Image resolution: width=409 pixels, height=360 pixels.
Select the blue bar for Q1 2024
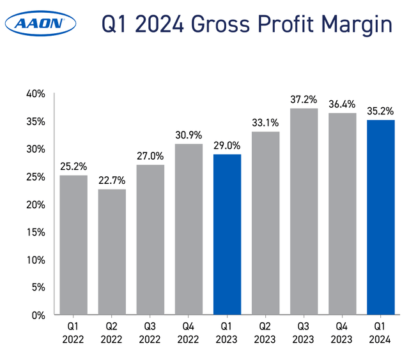pos(381,217)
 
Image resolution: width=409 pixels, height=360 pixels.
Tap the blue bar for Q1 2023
pos(227,234)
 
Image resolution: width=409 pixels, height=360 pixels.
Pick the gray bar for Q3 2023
pos(304,211)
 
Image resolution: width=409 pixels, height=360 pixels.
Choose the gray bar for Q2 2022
pos(111,251)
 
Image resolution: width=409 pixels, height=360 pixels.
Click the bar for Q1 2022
pos(73,244)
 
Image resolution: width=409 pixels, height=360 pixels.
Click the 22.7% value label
pos(111,179)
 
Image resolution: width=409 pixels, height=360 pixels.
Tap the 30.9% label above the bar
pos(189,135)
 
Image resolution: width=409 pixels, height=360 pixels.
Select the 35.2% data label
pos(381,110)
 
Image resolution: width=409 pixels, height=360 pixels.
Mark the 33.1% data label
pos(266,122)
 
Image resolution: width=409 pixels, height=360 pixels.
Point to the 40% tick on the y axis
pos(36,94)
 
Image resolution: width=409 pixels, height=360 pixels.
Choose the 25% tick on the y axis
pos(36,177)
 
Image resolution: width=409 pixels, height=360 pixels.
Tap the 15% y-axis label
pos(36,232)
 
